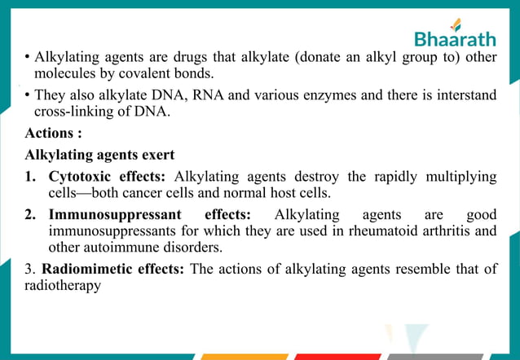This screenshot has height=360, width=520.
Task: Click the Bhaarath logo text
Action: coord(456,39)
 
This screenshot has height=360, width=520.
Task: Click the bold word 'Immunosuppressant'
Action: coord(108,215)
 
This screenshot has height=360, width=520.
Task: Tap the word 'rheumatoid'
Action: coord(372,231)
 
